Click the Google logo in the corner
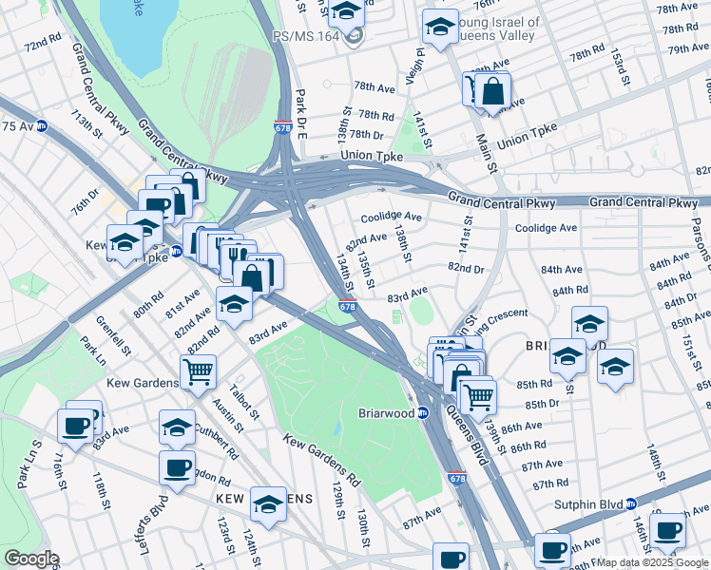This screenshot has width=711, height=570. pyautogui.click(x=31, y=559)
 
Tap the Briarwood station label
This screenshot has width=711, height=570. pyautogui.click(x=386, y=413)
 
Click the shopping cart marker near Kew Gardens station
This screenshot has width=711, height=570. pyautogui.click(x=198, y=371)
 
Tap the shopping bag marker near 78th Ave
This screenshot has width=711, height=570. pyautogui.click(x=493, y=92)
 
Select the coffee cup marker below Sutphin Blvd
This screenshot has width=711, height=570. pyautogui.click(x=669, y=529)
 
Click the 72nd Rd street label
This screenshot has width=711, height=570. pyautogui.click(x=42, y=46)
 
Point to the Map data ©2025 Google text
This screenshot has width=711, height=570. pyautogui.click(x=651, y=562)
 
